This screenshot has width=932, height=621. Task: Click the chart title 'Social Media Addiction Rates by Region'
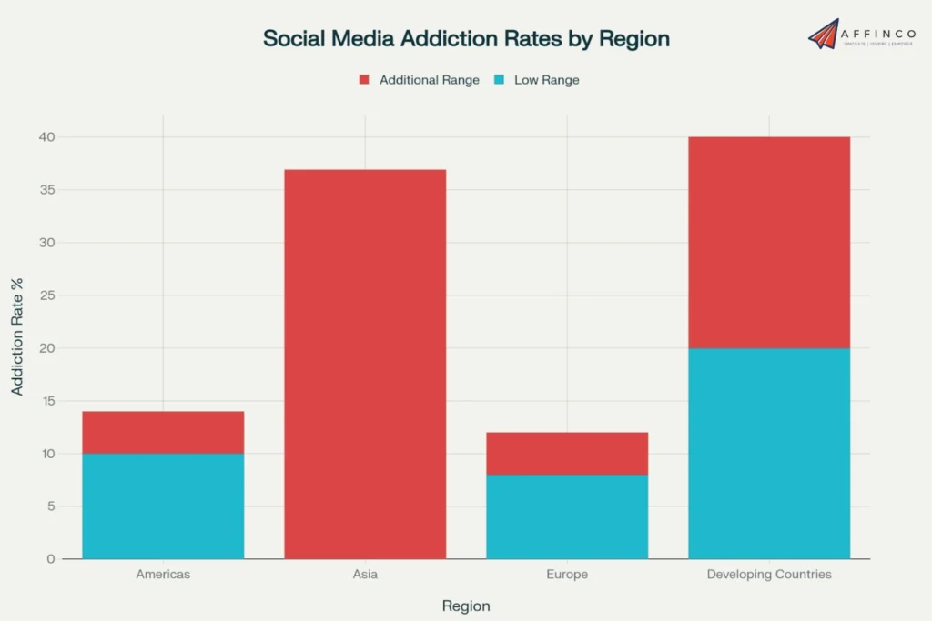click(x=466, y=39)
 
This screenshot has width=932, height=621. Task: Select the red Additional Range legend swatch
click(x=364, y=80)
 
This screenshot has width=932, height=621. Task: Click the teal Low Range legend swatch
click(x=499, y=80)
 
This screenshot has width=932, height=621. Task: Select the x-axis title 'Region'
click(x=466, y=606)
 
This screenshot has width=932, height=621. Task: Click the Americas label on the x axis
click(x=163, y=575)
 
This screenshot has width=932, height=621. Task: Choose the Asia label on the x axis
click(x=365, y=575)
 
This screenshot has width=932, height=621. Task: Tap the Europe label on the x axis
click(x=567, y=575)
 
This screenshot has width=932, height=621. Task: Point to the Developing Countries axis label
click(x=769, y=575)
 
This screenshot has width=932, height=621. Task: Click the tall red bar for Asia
click(x=365, y=364)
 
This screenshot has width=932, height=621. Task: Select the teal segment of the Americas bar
click(x=163, y=506)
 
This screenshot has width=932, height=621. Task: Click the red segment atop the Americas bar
click(x=163, y=433)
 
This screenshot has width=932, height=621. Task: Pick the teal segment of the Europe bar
click(x=567, y=516)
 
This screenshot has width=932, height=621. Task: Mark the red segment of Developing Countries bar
click(x=769, y=243)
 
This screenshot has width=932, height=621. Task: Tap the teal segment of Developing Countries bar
click(x=769, y=454)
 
